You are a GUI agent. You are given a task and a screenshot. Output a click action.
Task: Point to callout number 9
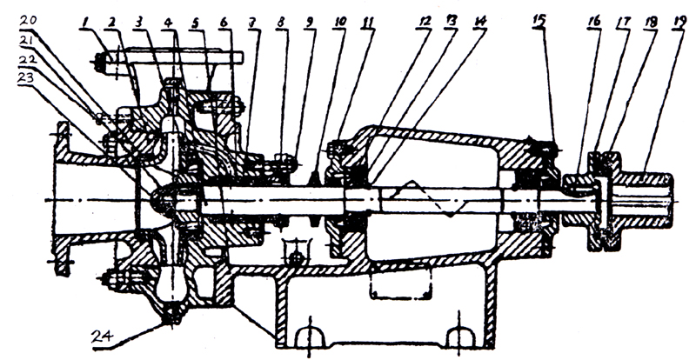(308, 18)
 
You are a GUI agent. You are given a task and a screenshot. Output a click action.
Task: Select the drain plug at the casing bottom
(171, 317)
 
